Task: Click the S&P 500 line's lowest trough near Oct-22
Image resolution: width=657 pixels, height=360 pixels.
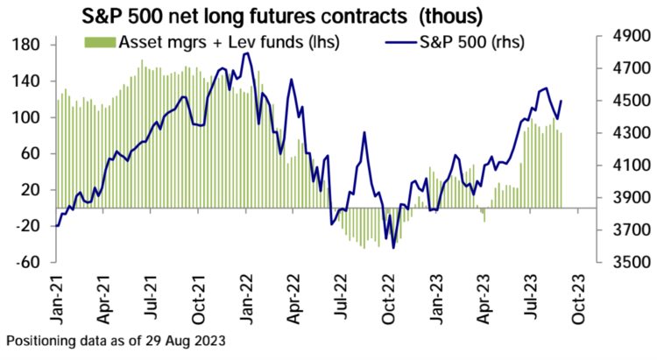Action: [393, 248]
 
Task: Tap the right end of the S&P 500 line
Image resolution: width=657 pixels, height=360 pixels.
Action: [561, 101]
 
